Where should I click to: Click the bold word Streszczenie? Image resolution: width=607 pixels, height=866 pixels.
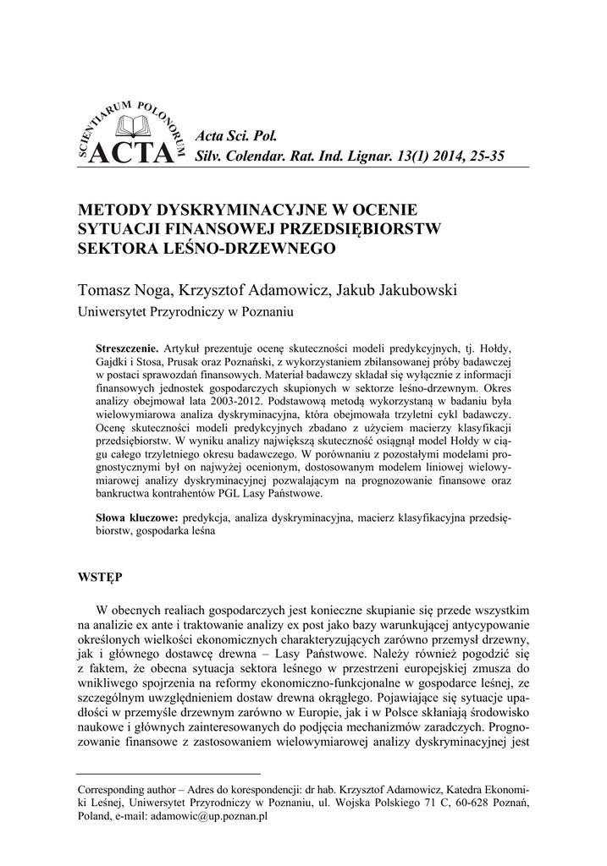127,348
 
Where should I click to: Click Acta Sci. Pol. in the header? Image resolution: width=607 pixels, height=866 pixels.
230,135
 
